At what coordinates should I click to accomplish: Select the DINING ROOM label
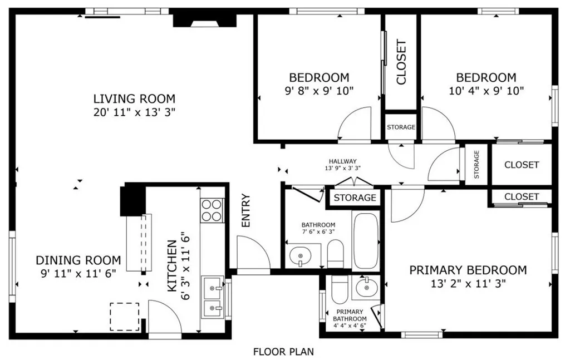(78, 260)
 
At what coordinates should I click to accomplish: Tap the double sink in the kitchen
(212, 297)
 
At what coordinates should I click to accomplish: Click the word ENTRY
(246, 210)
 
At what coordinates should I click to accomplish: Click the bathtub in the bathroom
(366, 240)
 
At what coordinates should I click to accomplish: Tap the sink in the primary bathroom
(366, 288)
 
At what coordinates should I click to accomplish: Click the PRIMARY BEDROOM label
(468, 270)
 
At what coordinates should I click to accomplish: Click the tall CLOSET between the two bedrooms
(401, 62)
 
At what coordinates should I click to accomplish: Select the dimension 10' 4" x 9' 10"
(487, 90)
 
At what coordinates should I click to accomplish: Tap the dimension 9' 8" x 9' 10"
(319, 90)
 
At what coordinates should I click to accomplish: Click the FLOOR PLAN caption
(283, 352)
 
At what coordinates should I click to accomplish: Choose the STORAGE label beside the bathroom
(355, 198)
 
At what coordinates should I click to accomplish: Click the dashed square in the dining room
(124, 316)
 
